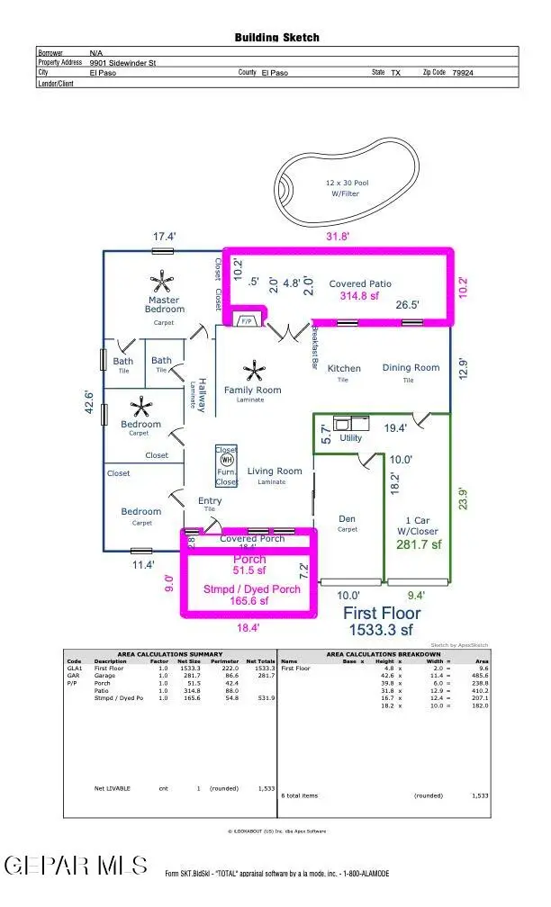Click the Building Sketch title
pos(276,38)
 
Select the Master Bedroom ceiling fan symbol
pos(163,279)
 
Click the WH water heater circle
pos(227,460)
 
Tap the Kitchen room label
pos(344,368)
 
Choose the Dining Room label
pos(411,367)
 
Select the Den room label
pos(347,518)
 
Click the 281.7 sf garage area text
pos(417,544)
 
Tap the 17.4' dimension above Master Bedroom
pos(164,237)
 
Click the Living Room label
pos(275,471)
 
